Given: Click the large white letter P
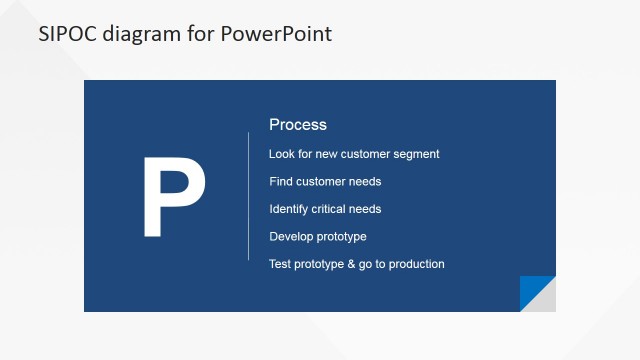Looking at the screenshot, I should click(173, 198).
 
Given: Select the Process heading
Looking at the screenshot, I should click(298, 125).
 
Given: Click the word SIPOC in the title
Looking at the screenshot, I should click(66, 34).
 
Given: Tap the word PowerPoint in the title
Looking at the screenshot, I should click(280, 34).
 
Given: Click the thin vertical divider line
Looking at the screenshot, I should click(248, 196).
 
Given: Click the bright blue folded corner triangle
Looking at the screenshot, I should click(532, 289).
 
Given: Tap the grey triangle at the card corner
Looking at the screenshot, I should click(544, 300).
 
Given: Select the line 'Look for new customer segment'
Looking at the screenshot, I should click(354, 154).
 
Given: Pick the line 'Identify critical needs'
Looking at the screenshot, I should click(325, 209).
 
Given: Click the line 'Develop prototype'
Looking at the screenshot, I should click(318, 237).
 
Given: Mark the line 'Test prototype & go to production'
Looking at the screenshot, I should click(357, 264).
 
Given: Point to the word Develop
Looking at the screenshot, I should click(291, 237).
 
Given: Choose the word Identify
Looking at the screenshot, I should click(289, 209).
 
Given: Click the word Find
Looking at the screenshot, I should click(280, 182).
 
